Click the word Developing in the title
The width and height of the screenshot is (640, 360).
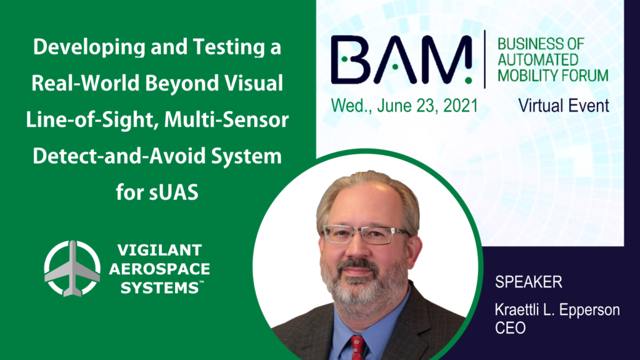89,47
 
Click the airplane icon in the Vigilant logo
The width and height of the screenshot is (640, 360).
72,269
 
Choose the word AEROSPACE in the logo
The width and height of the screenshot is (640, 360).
159,269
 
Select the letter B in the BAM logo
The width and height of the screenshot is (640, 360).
349,59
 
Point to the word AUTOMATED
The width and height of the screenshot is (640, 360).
537,60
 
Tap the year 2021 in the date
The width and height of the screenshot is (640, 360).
461,106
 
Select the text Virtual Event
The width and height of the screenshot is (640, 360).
563,106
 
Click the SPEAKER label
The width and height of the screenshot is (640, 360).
529,282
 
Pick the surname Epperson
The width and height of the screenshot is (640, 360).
589,311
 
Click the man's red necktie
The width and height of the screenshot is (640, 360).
357,347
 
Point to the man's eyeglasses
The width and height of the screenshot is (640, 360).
365,234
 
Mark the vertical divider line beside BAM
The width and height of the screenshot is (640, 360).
485,59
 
